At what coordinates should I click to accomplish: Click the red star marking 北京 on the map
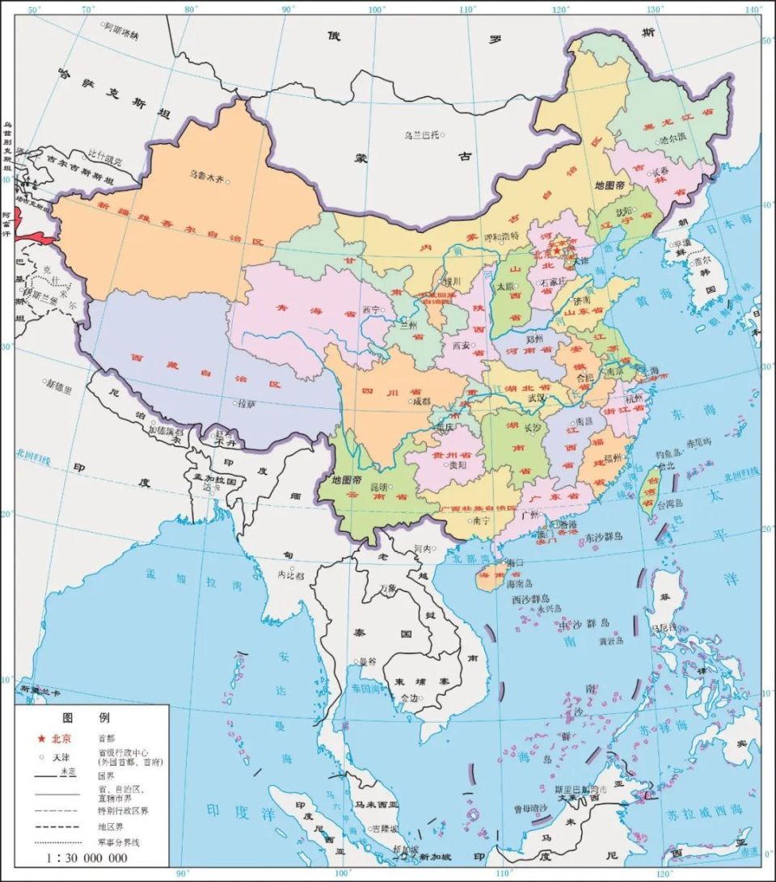click(556, 251)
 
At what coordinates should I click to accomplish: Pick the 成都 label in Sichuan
click(422, 400)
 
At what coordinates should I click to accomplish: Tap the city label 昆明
click(379, 487)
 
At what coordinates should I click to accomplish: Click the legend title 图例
click(86, 717)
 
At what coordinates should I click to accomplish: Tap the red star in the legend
click(41, 738)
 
